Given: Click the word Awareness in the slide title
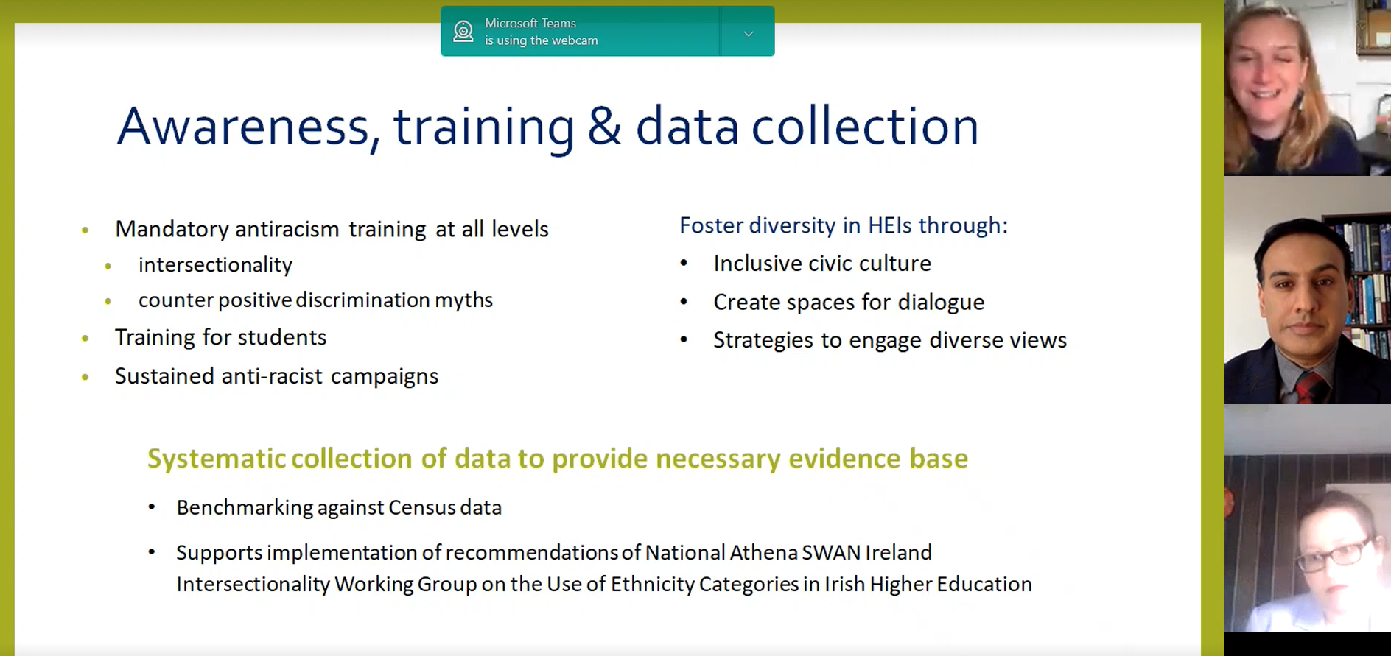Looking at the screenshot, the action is (x=242, y=127).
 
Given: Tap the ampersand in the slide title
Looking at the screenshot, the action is (x=603, y=126).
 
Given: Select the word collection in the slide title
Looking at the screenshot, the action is (x=865, y=126).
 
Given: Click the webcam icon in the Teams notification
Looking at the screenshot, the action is (x=463, y=32).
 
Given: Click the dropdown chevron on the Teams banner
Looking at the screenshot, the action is (x=749, y=34).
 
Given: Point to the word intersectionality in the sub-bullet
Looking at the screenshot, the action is (x=215, y=265).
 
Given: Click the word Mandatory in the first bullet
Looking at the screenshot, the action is (x=172, y=230).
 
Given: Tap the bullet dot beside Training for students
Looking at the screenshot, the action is (x=85, y=339).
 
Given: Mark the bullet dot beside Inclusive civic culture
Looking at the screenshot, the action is (x=684, y=263).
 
